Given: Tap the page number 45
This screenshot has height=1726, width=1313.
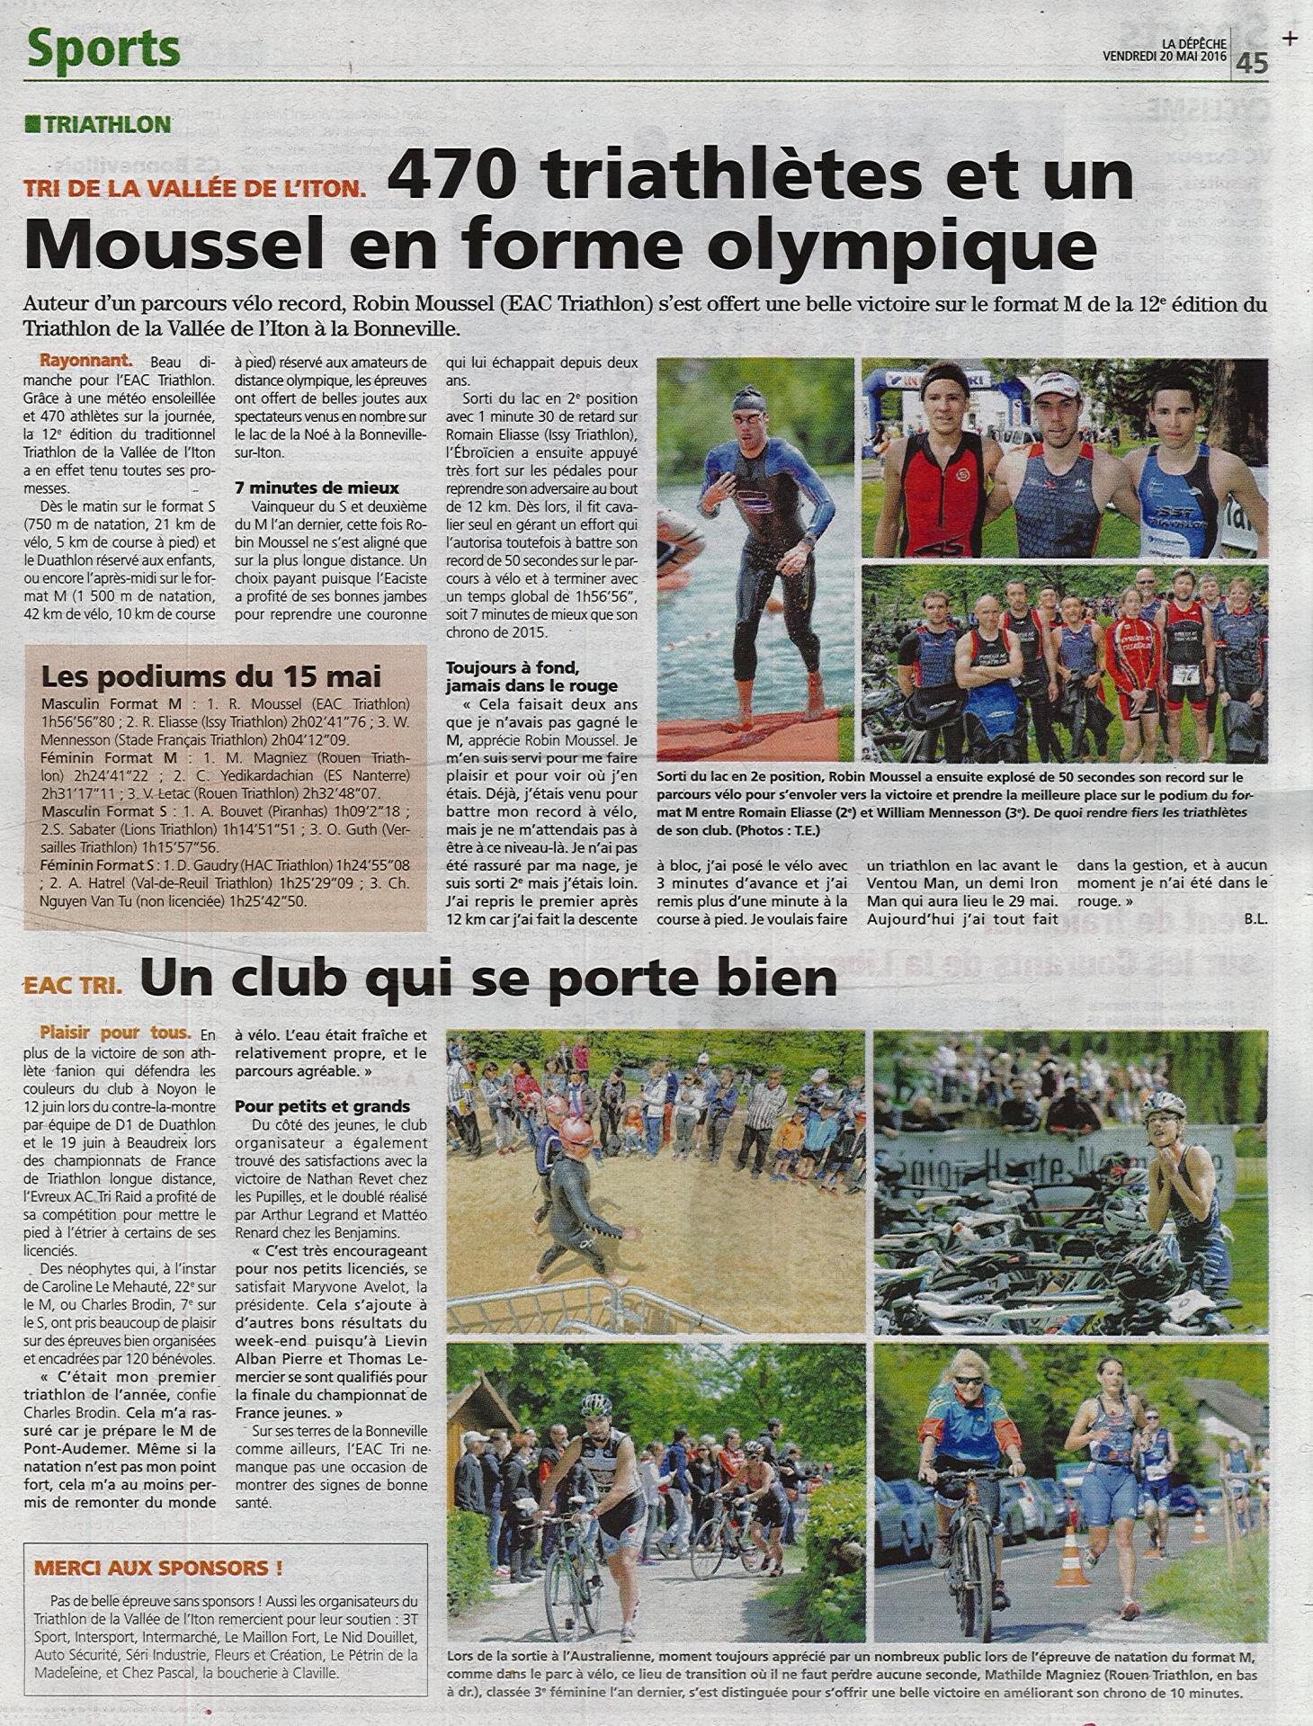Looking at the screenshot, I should point(1252,62).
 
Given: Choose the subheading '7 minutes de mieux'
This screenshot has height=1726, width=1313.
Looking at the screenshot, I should point(316,488).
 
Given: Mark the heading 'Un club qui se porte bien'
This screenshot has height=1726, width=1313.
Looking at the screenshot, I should point(488,978).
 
